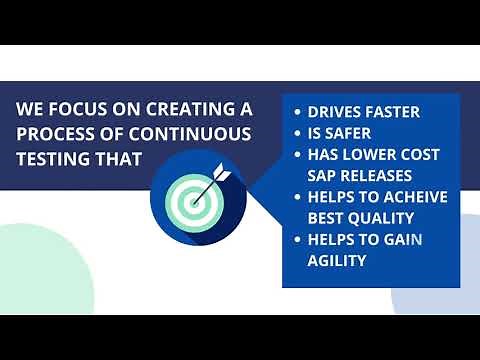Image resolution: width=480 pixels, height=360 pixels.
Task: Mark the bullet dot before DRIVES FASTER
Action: pyautogui.click(x=296, y=112)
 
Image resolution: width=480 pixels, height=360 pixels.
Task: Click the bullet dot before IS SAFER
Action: pyautogui.click(x=296, y=133)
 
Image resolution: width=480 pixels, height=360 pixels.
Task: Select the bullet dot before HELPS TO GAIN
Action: pyautogui.click(x=296, y=239)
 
